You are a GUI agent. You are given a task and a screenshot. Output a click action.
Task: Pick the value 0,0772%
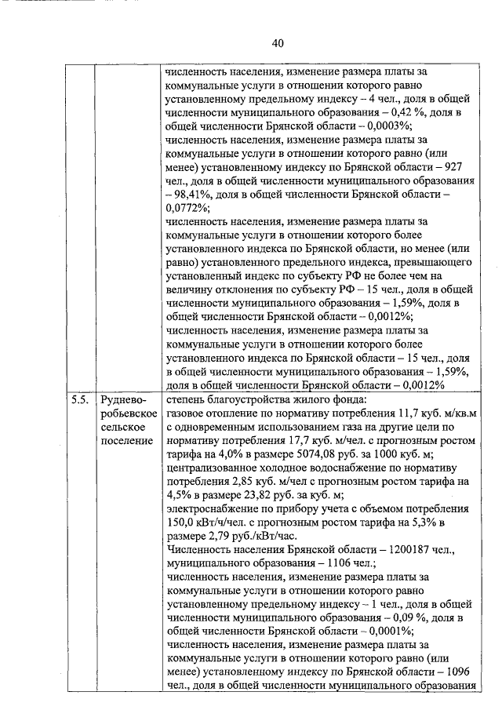[188, 208]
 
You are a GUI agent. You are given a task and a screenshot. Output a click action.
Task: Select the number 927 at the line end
[457, 166]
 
